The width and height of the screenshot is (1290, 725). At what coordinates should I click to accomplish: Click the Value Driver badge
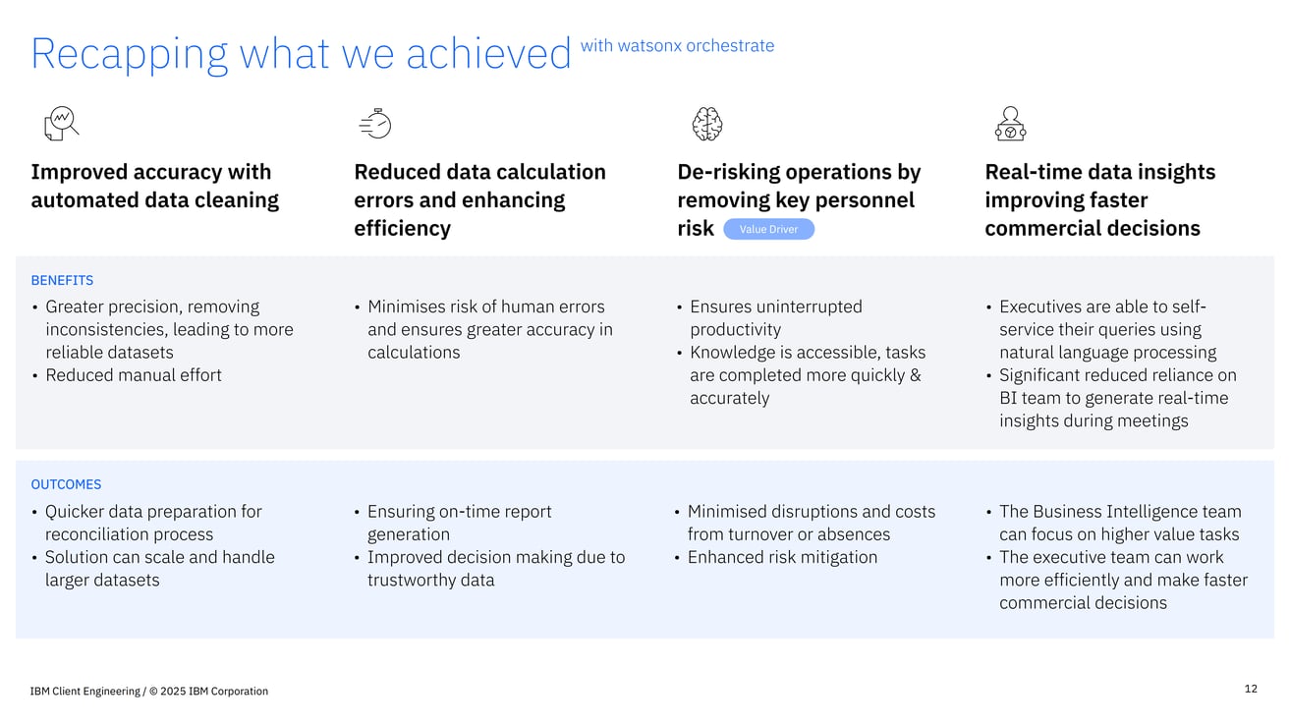point(768,229)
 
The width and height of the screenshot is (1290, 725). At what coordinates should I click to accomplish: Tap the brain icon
point(707,125)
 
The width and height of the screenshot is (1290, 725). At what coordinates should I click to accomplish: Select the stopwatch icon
point(375,124)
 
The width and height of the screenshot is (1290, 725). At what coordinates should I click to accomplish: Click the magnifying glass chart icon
point(61,124)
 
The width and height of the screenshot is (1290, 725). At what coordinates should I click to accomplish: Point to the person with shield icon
point(1010,125)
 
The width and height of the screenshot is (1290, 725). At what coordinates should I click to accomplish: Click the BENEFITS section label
point(62,280)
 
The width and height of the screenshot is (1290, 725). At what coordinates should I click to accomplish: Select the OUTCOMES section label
point(66,484)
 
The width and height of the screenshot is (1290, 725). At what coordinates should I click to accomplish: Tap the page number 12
point(1251,689)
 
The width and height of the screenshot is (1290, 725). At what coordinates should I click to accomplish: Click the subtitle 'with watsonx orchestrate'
point(677,45)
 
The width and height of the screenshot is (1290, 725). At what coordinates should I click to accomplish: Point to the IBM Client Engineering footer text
point(149,691)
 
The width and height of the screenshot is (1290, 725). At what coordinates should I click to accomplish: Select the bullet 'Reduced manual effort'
point(133,374)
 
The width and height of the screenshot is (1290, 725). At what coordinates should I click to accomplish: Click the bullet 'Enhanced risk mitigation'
point(782,557)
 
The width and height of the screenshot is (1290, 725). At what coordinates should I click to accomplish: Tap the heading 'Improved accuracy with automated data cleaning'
point(154,186)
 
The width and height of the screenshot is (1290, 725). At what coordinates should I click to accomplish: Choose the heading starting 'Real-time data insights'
point(1098,199)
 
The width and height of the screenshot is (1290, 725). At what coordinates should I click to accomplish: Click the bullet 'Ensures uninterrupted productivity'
point(775,317)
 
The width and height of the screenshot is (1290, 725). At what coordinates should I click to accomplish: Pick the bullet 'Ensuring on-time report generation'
point(459,523)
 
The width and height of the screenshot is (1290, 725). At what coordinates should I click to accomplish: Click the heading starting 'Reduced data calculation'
point(479,199)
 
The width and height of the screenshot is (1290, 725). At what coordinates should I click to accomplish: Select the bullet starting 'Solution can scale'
point(159,568)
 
